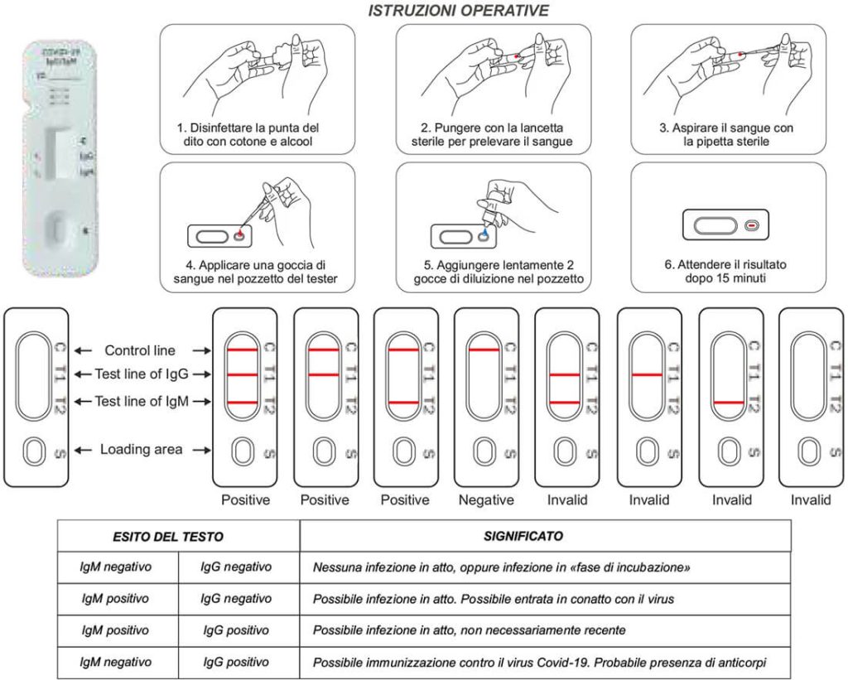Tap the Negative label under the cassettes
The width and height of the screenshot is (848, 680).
[486, 500]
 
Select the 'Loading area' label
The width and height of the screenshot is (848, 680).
[142, 450]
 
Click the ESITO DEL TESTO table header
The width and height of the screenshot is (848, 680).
[168, 536]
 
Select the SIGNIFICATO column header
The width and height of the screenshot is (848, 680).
[523, 536]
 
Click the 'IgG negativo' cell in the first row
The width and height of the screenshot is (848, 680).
[236, 567]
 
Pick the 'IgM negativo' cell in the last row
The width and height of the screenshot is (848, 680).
[116, 662]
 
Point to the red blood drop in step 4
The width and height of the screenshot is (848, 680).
[240, 236]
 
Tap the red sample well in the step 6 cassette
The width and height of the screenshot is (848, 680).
[751, 224]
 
